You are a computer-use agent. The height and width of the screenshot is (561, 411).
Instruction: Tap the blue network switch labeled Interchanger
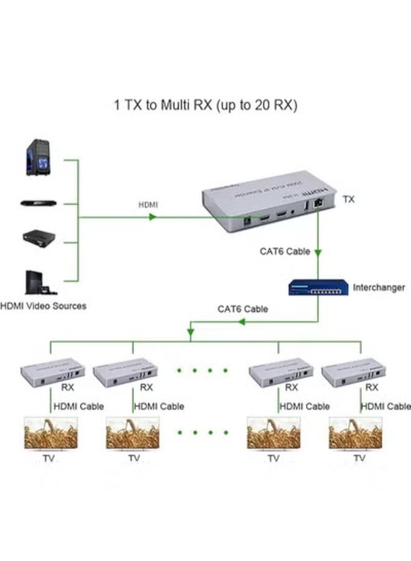click(x=318, y=287)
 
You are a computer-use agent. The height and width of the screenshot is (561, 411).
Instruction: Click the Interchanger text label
click(x=379, y=288)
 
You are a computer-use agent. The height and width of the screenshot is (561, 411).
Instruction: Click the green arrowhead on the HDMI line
click(x=152, y=218)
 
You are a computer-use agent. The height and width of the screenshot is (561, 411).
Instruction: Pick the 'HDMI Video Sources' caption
click(x=44, y=306)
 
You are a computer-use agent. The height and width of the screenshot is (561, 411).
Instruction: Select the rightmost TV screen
click(x=356, y=433)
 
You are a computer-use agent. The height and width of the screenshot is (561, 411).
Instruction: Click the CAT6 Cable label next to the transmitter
click(x=285, y=252)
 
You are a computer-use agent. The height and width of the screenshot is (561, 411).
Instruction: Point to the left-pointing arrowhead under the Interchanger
click(x=243, y=322)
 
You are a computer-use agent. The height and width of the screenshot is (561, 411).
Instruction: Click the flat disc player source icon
click(x=39, y=203)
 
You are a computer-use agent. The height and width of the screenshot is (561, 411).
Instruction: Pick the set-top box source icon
click(x=39, y=237)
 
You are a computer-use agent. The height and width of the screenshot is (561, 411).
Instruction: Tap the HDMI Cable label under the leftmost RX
click(x=78, y=406)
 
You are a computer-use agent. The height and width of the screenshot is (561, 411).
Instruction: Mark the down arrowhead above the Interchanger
click(x=318, y=254)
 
